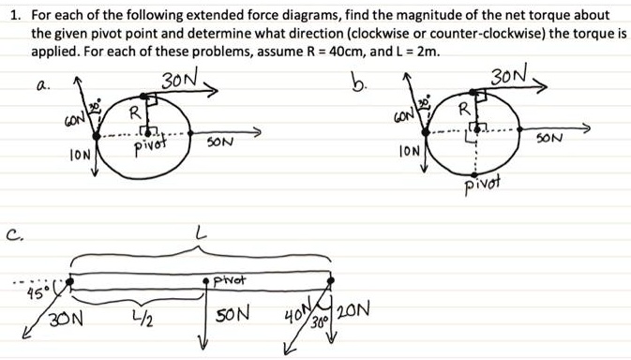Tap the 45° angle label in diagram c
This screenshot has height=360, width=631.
pyautogui.click(x=38, y=288)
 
